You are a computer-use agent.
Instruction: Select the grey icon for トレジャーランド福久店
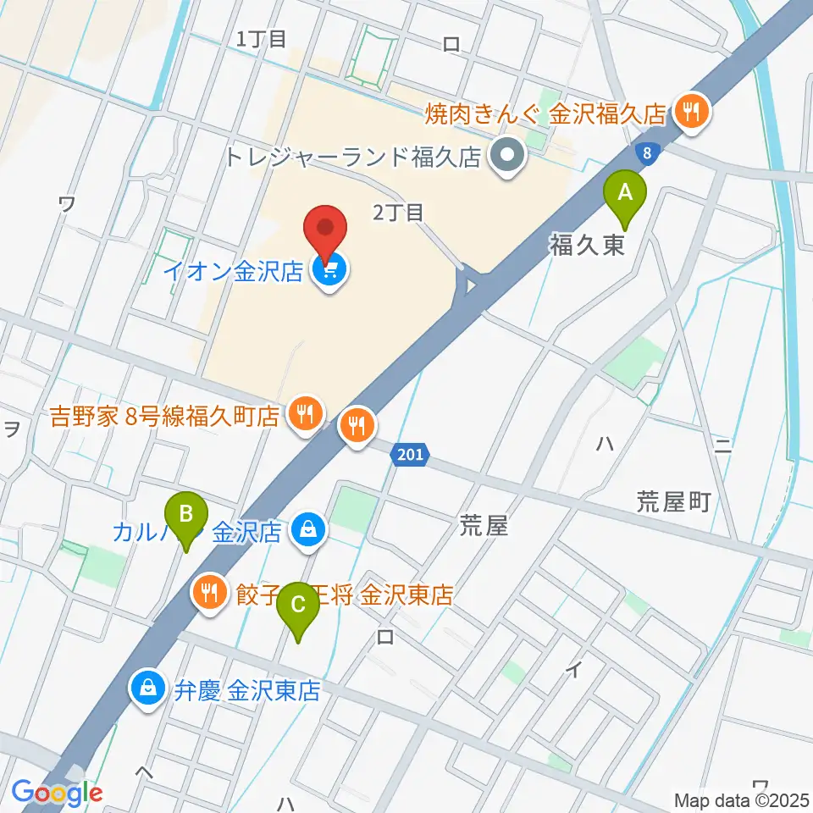pyautogui.click(x=509, y=156)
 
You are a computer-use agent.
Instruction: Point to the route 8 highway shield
pyautogui.click(x=646, y=153)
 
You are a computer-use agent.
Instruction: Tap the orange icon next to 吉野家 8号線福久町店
pyautogui.click(x=304, y=414)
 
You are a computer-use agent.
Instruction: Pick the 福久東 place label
pyautogui.click(x=588, y=246)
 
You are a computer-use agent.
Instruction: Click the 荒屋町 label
pyautogui.click(x=673, y=503)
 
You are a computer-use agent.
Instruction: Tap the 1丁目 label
pyautogui.click(x=263, y=38)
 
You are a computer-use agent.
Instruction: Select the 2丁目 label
pyautogui.click(x=399, y=213)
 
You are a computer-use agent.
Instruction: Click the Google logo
pyautogui.click(x=58, y=794)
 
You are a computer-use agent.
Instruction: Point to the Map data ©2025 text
pyautogui.click(x=741, y=799)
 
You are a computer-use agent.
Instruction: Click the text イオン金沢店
pyautogui.click(x=234, y=272)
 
